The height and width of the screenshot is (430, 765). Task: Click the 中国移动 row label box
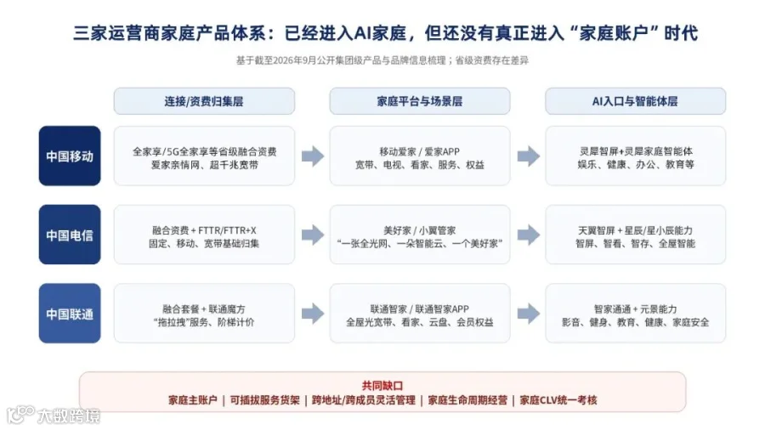pos(70,156)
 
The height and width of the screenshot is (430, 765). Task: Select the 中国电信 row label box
pos(70,235)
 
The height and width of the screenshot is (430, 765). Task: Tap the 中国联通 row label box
pos(70,314)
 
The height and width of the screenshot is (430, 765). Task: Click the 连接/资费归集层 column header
pos(204,101)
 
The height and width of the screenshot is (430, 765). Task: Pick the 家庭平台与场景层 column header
pos(420,101)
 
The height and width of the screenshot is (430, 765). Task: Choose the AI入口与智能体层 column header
pos(635,101)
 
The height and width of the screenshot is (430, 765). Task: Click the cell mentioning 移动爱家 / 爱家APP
pos(420,156)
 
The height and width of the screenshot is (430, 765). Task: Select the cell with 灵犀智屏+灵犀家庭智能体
pos(635,156)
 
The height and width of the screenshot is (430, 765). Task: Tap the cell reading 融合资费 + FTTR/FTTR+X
pos(204,235)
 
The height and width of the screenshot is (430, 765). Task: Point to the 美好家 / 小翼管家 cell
pos(420,235)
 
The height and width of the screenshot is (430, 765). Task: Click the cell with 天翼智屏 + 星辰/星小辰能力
pos(635,235)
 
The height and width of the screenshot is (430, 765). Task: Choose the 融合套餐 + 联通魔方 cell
pos(204,314)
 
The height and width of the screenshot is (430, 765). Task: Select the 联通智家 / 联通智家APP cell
pos(420,314)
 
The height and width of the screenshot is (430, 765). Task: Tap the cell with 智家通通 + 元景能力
pos(635,314)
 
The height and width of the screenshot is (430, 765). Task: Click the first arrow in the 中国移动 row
pos(313,156)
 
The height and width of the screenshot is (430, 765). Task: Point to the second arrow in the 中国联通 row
pos(529,314)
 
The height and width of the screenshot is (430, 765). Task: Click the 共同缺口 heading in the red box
pos(382,386)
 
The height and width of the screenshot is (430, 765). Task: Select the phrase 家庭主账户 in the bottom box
pos(193,400)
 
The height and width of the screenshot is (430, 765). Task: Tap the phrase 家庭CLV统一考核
pos(558,400)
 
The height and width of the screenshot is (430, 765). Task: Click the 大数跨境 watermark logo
pos(54,415)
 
